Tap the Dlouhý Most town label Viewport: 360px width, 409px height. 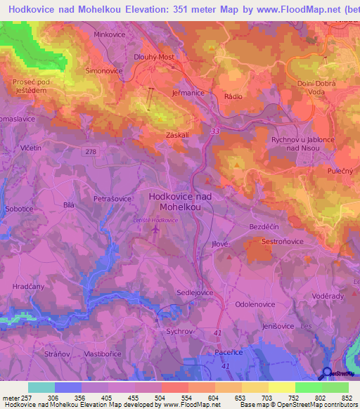[x=154, y=58]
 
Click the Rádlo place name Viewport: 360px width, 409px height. [x=233, y=96]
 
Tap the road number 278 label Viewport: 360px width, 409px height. [x=92, y=151]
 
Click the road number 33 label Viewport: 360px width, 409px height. [x=215, y=131]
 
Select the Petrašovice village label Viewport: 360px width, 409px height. [x=112, y=199]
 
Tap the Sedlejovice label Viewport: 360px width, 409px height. [x=194, y=292]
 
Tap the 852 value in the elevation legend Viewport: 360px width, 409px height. [x=347, y=397]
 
